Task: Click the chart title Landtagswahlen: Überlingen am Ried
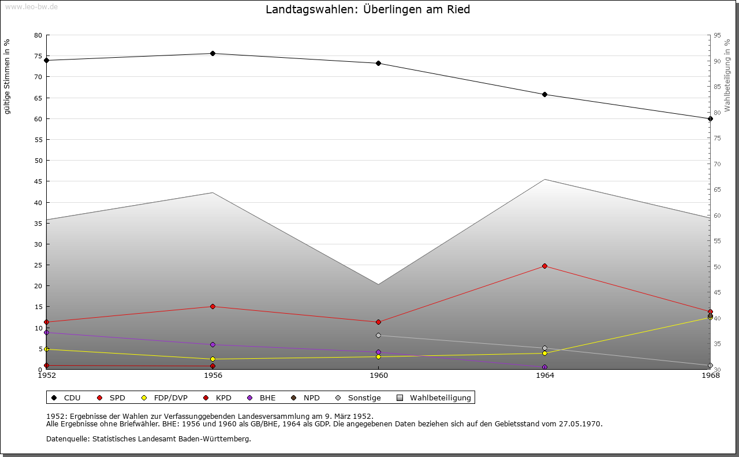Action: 368,10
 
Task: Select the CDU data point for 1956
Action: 212,54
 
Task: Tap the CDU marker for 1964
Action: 544,95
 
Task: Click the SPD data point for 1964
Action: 544,266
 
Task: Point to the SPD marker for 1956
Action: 212,307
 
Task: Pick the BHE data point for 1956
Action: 212,345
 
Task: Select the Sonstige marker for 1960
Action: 378,336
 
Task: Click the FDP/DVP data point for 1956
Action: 212,359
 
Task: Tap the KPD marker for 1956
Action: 212,366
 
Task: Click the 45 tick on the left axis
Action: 38,181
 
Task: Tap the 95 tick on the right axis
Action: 716,35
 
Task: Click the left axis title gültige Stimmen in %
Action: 8,76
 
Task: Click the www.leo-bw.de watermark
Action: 31,6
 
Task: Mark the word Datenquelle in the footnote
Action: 66,439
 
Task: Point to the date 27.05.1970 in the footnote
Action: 580,424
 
